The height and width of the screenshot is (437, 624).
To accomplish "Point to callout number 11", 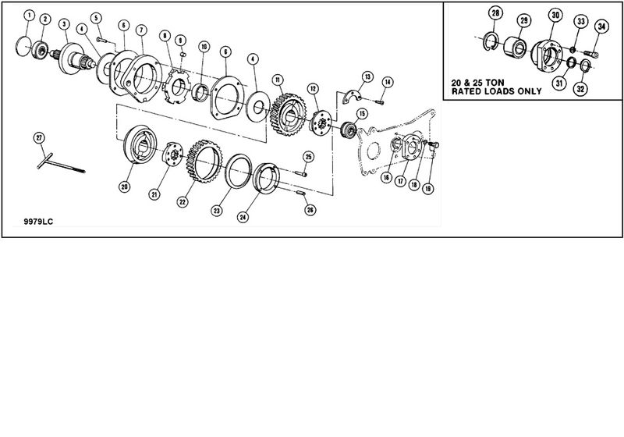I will [x=277, y=79].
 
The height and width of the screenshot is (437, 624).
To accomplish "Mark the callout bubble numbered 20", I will [x=124, y=187].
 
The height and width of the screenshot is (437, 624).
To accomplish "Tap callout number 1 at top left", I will [x=28, y=15].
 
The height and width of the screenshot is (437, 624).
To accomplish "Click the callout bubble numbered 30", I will [x=555, y=15].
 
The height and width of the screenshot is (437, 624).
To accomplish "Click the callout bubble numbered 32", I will [x=581, y=89].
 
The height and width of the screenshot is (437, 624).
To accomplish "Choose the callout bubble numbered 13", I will [x=367, y=76].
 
